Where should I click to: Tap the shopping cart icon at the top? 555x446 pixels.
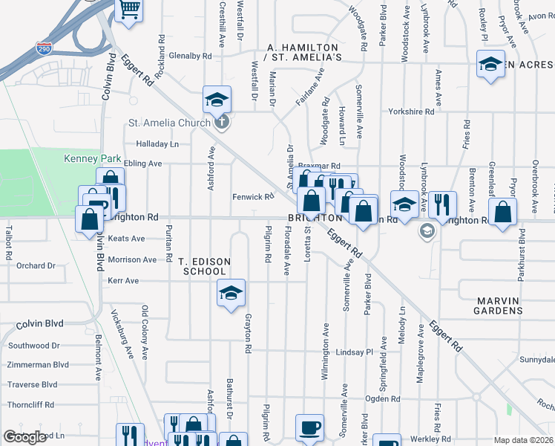pyautogui.click(x=129, y=10)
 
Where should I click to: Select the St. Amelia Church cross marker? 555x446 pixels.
pyautogui.click(x=220, y=123)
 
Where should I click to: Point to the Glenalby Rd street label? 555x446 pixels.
pyautogui.click(x=190, y=55)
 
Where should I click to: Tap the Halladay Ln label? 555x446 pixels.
pyautogui.click(x=157, y=144)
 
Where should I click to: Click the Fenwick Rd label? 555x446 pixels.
pyautogui.click(x=253, y=197)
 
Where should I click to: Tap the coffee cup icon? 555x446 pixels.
pyautogui.click(x=309, y=427)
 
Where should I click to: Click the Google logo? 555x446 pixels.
pyautogui.click(x=24, y=437)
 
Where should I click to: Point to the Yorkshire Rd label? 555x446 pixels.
pyautogui.click(x=411, y=111)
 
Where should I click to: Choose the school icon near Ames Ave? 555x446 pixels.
pyautogui.click(x=490, y=65)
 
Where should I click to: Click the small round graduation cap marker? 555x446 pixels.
pyautogui.click(x=427, y=231)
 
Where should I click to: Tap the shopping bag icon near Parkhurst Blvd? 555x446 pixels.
pyautogui.click(x=503, y=212)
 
